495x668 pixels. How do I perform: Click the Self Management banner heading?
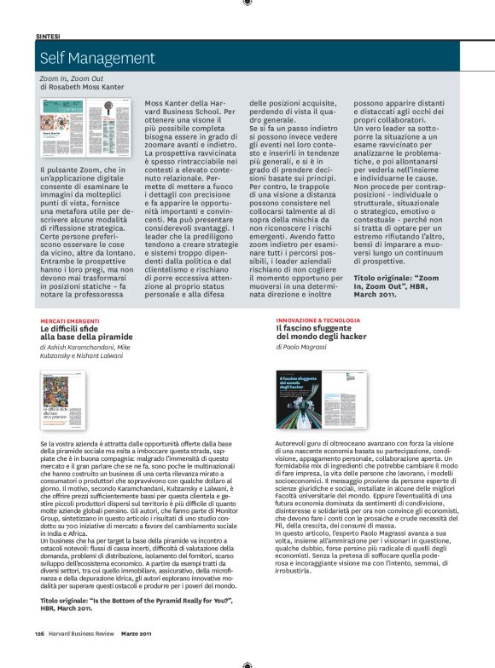pos(96,59)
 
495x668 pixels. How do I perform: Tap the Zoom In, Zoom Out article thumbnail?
pos(91,131)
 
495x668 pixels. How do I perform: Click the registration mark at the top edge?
pos(247,4)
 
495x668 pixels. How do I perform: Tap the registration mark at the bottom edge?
pos(247,663)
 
